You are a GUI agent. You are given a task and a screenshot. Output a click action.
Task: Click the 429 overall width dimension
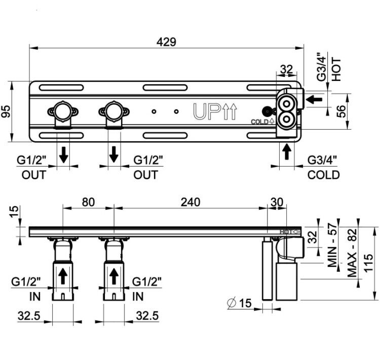(166, 42)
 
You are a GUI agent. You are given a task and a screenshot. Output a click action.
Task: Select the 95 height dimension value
(6, 111)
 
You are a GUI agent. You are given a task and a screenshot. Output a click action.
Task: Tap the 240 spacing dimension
(191, 202)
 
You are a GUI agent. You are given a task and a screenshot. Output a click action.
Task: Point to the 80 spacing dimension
(88, 202)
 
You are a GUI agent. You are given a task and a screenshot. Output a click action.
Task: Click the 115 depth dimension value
(368, 263)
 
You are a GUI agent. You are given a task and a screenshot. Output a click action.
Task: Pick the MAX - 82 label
(352, 253)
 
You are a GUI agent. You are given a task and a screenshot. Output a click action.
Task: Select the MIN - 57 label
(332, 245)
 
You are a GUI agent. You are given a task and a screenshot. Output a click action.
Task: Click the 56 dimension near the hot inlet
(341, 111)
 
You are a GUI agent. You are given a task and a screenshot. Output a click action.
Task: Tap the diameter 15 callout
(240, 303)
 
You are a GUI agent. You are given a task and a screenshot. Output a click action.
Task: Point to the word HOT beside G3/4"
(336, 69)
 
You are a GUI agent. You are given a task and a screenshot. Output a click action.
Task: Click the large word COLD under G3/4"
(324, 175)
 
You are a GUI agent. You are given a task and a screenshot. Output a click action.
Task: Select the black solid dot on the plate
(267, 111)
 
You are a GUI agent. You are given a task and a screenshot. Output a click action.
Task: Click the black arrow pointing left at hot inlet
(314, 99)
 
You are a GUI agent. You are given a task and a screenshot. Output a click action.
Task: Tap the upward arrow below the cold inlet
(287, 151)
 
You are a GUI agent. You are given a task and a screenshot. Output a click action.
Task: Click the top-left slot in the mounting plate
(61, 88)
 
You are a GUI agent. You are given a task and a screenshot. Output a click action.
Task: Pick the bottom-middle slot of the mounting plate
(165, 135)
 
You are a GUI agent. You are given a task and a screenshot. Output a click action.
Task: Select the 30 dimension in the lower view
(277, 202)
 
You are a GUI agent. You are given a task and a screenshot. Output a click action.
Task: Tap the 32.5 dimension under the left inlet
(29, 315)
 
